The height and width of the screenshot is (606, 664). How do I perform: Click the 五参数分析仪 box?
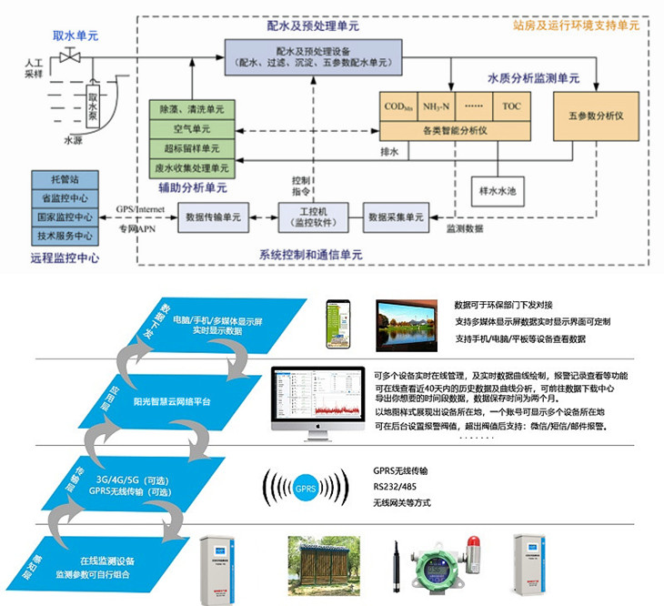click(595, 116)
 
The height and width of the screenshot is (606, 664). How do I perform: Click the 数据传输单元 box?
click(212, 217)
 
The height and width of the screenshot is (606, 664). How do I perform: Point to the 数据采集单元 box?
click(396, 217)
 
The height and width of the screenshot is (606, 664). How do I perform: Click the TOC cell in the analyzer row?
click(511, 106)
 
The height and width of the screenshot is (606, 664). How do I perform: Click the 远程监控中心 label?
click(65, 258)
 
